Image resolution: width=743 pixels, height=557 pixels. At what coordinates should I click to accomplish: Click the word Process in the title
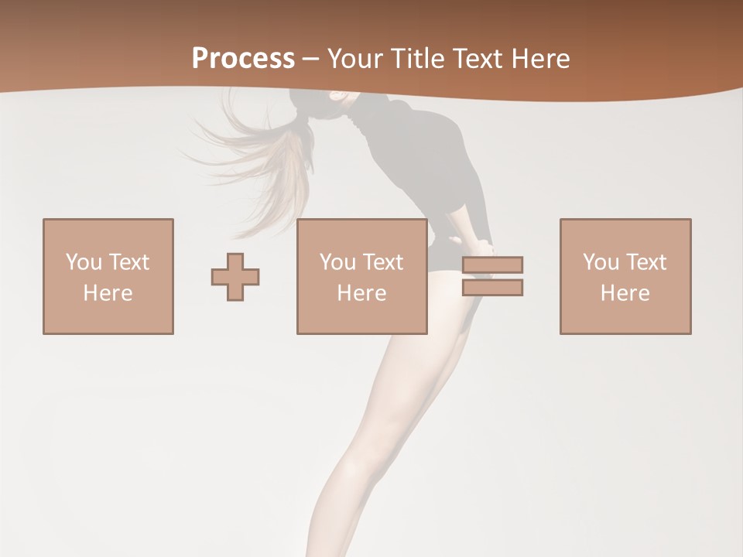(x=243, y=59)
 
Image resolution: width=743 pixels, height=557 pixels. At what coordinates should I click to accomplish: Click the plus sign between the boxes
(x=235, y=276)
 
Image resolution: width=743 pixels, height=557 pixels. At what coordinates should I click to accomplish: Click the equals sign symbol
(x=493, y=276)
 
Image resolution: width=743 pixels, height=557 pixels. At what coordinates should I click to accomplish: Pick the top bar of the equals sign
(x=493, y=265)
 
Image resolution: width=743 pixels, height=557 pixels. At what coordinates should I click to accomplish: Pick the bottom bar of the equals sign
(x=493, y=287)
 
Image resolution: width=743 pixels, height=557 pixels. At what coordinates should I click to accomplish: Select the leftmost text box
(x=108, y=276)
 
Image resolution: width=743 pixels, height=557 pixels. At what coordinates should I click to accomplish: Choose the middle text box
(x=362, y=276)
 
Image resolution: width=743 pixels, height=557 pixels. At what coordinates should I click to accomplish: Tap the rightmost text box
(x=625, y=276)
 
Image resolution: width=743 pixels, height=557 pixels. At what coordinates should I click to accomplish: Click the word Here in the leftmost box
(x=108, y=293)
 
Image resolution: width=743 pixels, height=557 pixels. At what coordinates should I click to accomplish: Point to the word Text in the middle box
(x=382, y=262)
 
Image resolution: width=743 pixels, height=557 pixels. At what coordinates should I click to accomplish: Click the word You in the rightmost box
(x=601, y=262)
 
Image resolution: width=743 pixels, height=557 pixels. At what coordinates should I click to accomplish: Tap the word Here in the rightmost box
(x=625, y=293)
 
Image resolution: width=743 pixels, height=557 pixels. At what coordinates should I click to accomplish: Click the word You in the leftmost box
(x=84, y=262)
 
